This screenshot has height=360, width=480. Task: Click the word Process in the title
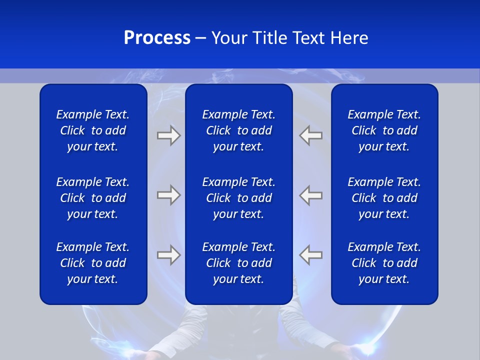point(157,38)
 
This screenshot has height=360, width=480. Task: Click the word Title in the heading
point(271,38)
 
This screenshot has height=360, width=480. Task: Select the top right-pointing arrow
point(168,135)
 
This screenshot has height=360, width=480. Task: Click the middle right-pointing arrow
point(168,195)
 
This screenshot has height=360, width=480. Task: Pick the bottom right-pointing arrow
point(168,255)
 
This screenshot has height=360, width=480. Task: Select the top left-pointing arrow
point(311,135)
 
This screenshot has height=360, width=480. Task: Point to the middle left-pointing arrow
point(311,195)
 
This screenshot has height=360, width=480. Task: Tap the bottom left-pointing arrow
point(311,255)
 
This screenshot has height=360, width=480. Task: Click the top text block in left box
point(93,130)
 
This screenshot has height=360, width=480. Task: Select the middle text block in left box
point(93,198)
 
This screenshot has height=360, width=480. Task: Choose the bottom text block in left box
point(93,263)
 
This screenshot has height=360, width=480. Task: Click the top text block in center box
point(238,130)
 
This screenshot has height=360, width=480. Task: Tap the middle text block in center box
point(238,198)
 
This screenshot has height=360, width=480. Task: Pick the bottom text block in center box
point(238,263)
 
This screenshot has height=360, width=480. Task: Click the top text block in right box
point(384,130)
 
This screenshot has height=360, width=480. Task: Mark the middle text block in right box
point(384,198)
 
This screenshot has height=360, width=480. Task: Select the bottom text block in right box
point(384,263)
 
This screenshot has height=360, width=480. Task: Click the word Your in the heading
point(229,38)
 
